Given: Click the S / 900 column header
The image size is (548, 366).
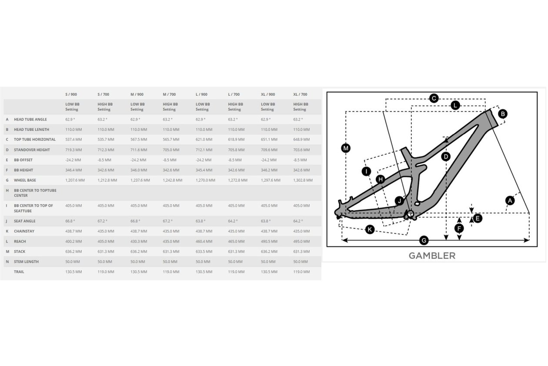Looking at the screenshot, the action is pyautogui.click(x=71, y=95).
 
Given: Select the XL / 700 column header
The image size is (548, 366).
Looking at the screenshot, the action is pyautogui.click(x=300, y=95).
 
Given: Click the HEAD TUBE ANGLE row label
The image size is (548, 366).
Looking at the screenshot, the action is pyautogui.click(x=30, y=119).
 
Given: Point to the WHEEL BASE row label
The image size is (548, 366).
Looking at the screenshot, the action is pyautogui.click(x=25, y=180).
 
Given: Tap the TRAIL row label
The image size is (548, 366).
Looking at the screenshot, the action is pyautogui.click(x=19, y=271).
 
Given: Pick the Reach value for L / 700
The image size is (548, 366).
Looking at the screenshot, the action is pyautogui.click(x=236, y=241).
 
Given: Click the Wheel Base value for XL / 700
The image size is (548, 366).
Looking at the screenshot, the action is pyautogui.click(x=303, y=180).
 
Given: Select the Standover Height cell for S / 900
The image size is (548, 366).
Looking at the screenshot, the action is pyautogui.click(x=74, y=150).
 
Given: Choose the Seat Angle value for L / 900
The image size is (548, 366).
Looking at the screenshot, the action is pyautogui.click(x=200, y=221).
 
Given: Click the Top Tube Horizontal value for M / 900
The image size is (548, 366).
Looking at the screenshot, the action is pyautogui.click(x=139, y=139).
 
